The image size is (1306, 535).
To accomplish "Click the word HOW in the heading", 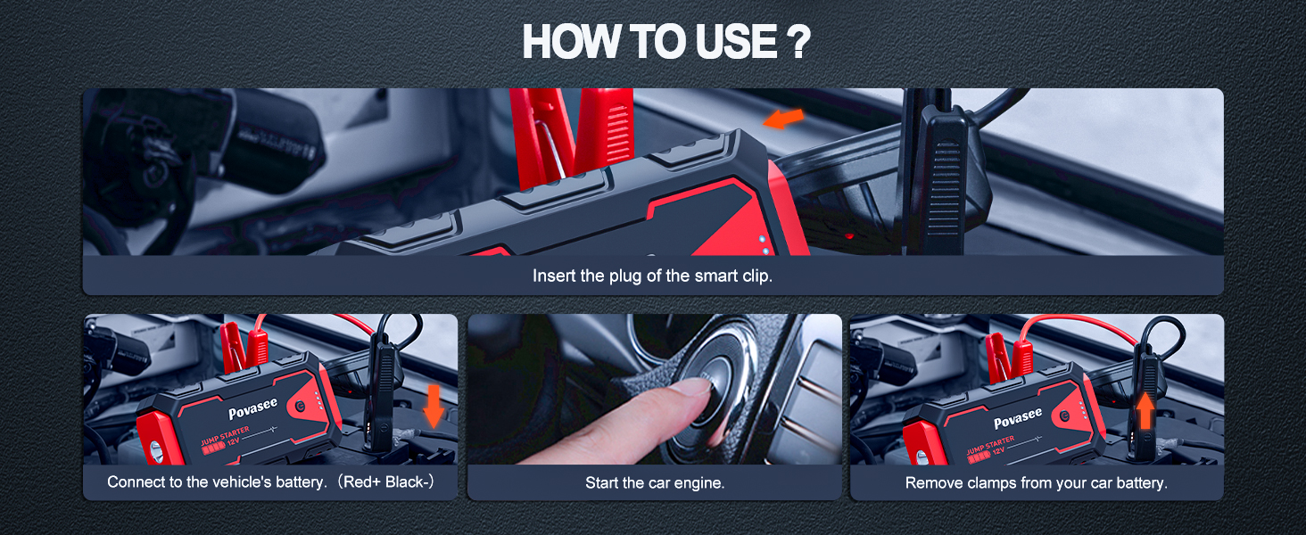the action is coord(572,42).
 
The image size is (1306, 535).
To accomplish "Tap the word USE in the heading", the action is coord(736,42).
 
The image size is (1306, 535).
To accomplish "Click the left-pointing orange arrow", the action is coord(783,119).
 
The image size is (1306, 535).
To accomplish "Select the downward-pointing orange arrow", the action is coord(434,407).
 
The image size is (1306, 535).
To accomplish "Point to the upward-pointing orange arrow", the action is coord(1145,410).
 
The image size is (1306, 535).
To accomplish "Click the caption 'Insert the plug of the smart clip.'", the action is coord(652,276).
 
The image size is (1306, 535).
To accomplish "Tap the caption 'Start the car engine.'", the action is coord(655,482).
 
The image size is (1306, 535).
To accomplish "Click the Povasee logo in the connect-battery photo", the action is coord(252,409).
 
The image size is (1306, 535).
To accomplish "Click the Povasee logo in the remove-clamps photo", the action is coord(1017,419).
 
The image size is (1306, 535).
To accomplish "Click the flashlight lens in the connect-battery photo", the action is coord(157,450).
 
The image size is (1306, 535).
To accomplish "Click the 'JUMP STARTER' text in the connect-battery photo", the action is coord(225,435).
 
